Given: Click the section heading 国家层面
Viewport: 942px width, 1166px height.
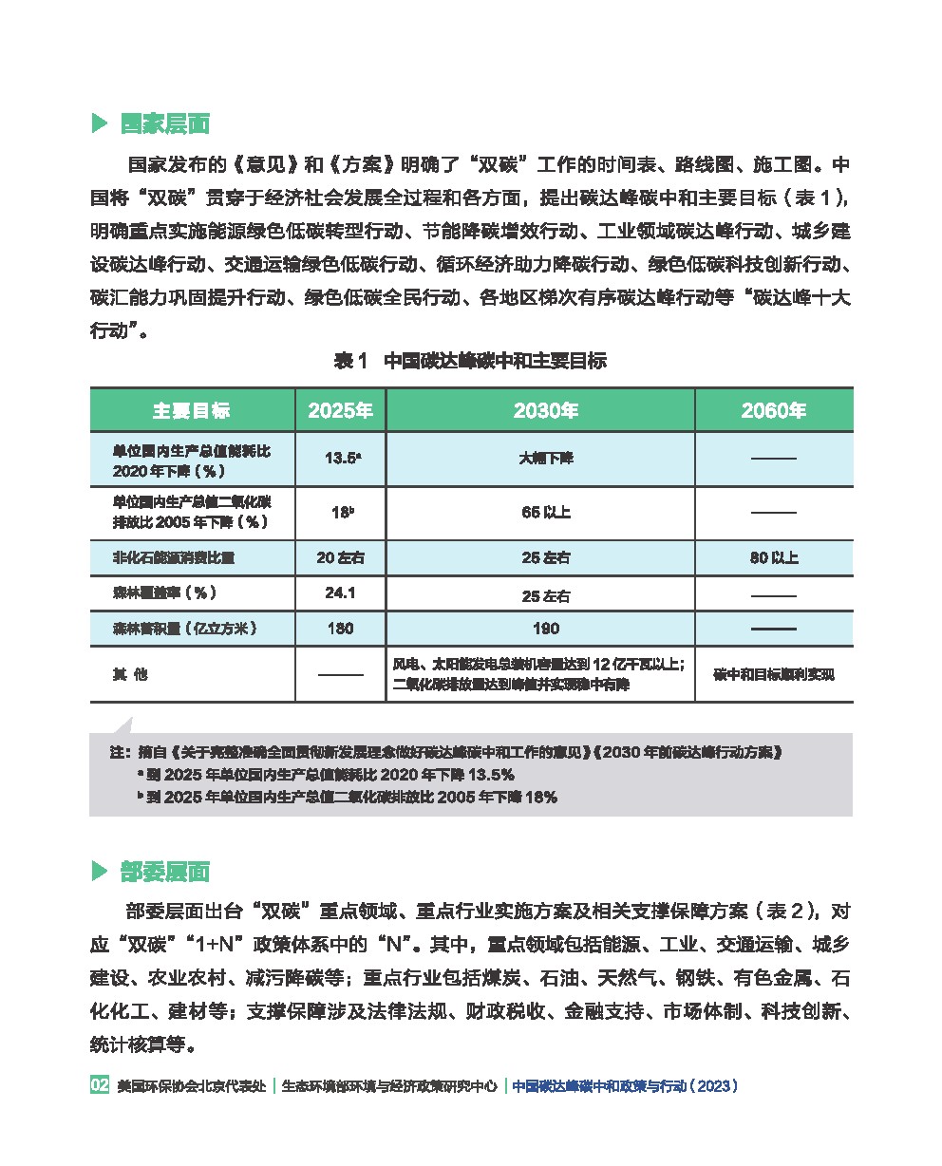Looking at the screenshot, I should (164, 124).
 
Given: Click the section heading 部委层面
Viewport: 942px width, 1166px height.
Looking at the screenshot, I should (164, 872).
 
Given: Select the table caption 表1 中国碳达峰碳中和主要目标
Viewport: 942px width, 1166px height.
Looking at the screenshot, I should (470, 361).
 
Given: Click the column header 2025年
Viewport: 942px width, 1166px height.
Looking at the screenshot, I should (340, 411).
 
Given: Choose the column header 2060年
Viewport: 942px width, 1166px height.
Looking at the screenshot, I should (773, 411).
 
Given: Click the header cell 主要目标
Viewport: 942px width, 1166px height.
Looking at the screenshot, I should (191, 411).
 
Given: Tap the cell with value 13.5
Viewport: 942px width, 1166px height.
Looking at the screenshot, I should (341, 458).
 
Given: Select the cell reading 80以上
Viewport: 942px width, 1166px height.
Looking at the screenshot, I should (773, 557).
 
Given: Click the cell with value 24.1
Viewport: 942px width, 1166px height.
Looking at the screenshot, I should (339, 593).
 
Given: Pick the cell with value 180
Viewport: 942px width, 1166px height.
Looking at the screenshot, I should (339, 628).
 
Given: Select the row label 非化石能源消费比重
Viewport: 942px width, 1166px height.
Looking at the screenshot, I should (174, 557).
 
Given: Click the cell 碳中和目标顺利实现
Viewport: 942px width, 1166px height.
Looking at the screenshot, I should (773, 675).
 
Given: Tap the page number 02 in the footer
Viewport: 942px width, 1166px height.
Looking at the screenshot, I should (100, 1085).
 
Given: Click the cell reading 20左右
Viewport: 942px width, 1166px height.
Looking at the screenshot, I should (339, 557).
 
